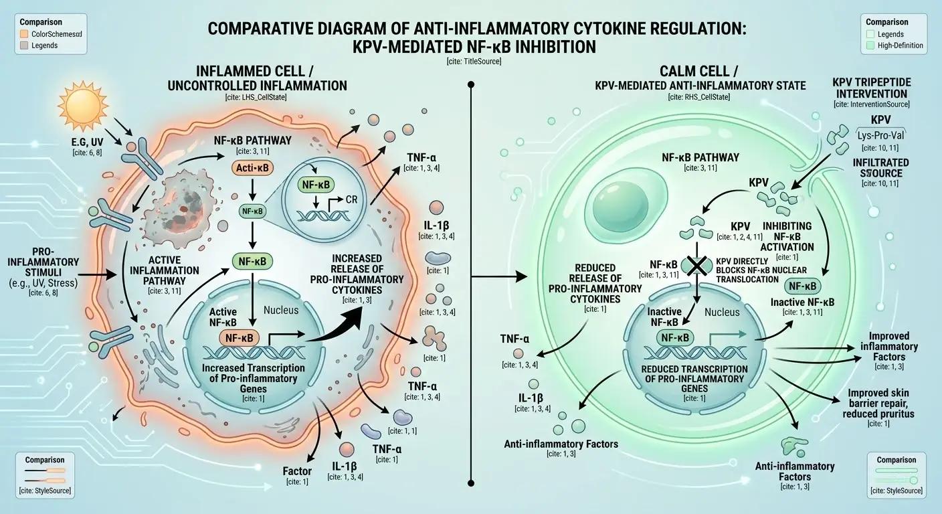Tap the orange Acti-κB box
click(252, 168)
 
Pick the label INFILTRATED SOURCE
click(880, 167)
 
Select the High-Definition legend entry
click(900, 46)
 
